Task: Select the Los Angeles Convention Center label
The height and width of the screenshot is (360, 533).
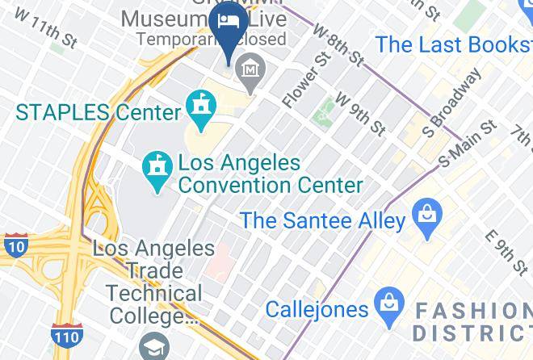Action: coord(270,174)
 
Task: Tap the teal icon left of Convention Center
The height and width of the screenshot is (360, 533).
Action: coord(156,168)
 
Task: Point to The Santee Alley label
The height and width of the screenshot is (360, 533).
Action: coord(321,219)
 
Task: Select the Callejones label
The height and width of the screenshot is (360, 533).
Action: coord(317,308)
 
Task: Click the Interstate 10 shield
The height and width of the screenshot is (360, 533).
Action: coord(15,244)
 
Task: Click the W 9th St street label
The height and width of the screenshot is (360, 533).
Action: coord(360,112)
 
